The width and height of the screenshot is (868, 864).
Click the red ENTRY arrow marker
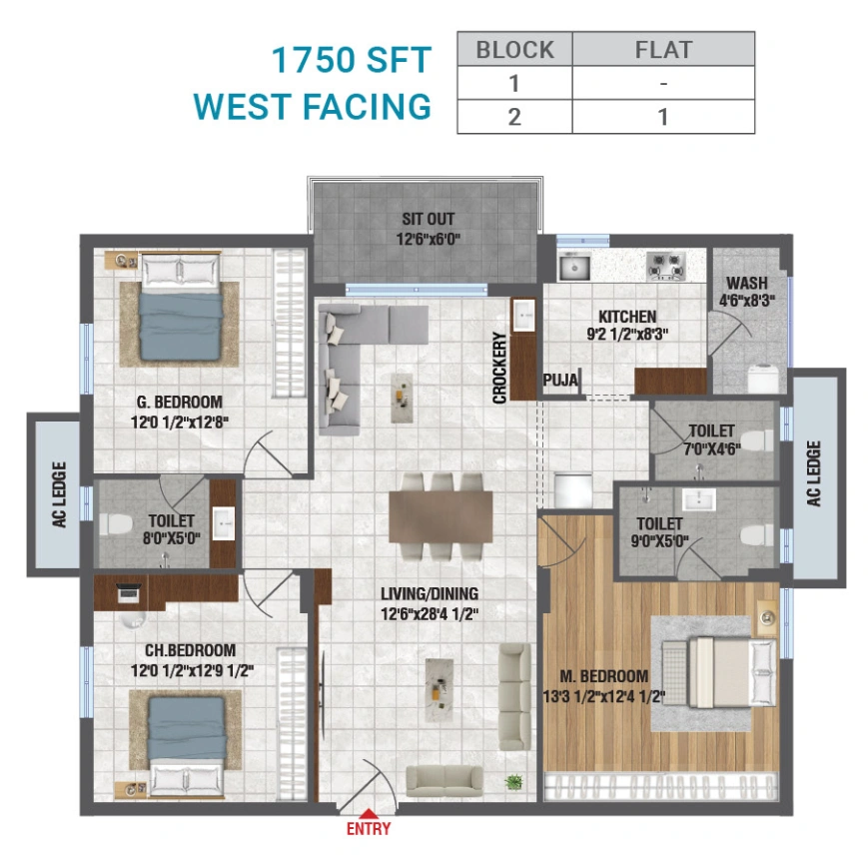tap(369, 813)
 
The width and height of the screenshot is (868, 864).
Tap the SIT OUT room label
tap(428, 219)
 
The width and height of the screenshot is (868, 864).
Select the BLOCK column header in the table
tap(513, 49)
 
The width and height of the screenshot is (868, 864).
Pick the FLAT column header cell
tap(663, 49)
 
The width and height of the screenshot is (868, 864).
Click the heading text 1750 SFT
tap(352, 60)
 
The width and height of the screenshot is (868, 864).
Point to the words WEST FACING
tap(312, 106)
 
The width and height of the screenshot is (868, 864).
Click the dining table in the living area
tap(440, 516)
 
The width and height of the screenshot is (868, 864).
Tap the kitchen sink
tap(573, 267)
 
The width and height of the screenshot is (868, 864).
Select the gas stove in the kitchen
tap(665, 266)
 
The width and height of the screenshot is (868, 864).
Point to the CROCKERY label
tap(500, 368)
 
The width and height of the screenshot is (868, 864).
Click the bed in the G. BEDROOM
tap(180, 309)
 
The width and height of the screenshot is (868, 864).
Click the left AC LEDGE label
tap(59, 494)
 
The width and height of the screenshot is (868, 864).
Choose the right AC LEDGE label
tap(814, 473)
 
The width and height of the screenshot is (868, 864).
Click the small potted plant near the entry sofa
tap(513, 781)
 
